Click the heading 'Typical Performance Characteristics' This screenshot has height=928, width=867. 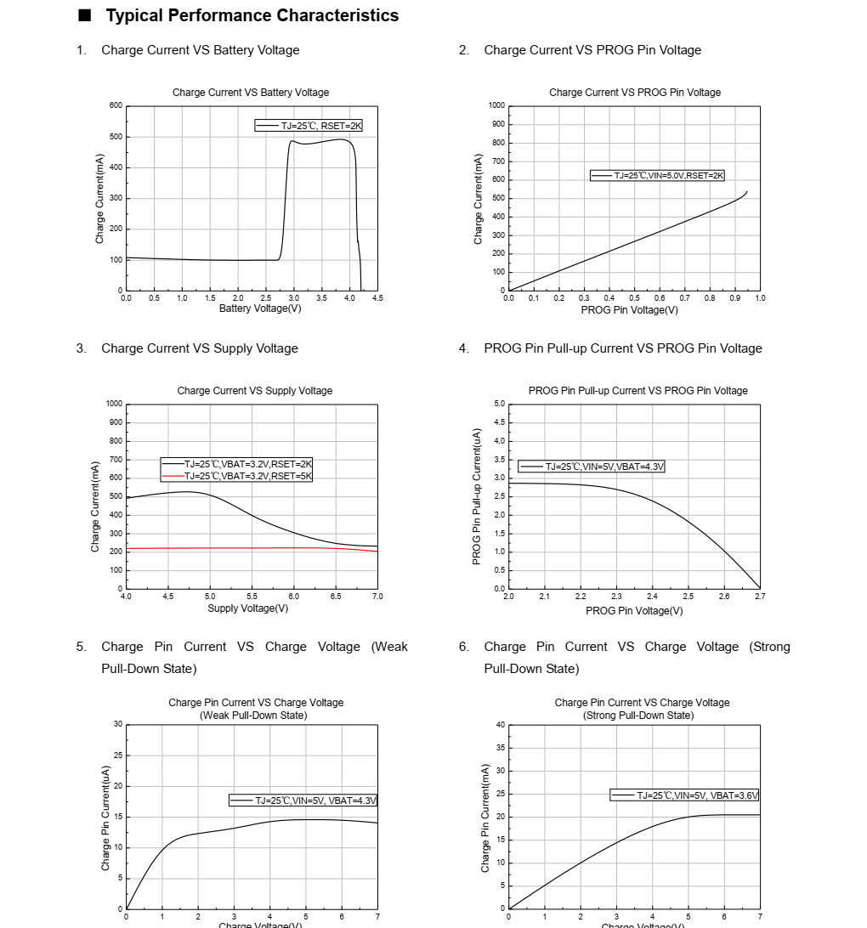click(x=252, y=16)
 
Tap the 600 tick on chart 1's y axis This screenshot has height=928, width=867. click(x=116, y=105)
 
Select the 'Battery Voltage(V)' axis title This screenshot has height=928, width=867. click(x=260, y=308)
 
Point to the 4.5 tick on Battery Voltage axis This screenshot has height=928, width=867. click(x=377, y=298)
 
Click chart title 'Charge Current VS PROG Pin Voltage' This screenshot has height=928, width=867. click(x=634, y=93)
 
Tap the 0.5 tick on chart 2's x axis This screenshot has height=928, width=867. click(x=634, y=298)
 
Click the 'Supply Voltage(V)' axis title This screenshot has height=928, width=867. click(x=247, y=608)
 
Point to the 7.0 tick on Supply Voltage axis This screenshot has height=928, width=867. click(x=377, y=597)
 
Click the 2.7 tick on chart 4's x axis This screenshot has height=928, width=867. click(x=760, y=597)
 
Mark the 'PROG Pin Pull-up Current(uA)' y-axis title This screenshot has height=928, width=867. click(x=477, y=496)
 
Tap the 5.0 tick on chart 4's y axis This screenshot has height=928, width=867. click(x=499, y=404)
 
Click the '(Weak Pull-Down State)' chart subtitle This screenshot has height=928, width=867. click(x=253, y=716)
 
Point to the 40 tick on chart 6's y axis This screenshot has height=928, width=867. click(x=501, y=725)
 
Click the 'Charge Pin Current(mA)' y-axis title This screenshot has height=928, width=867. click(x=485, y=818)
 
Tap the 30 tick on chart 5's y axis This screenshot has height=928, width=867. click(x=118, y=724)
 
